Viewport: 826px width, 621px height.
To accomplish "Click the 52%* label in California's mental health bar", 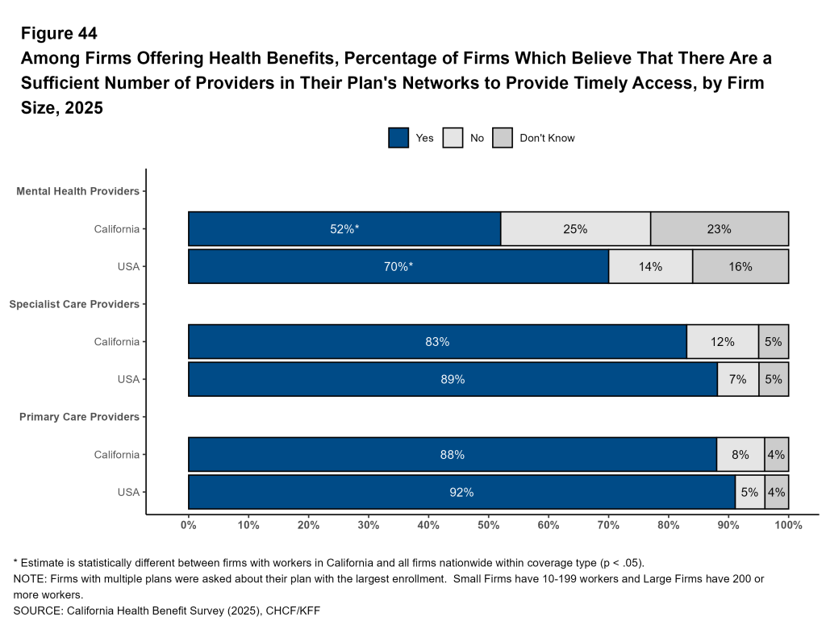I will click(344, 229).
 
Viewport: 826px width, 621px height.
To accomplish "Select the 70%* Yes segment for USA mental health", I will click(398, 267).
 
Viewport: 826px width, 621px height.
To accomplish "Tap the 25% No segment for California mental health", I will click(575, 229).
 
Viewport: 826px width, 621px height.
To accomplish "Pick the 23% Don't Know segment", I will click(719, 229).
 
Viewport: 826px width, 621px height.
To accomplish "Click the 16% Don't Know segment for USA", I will click(740, 267).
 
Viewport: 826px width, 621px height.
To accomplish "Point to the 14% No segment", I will click(650, 267).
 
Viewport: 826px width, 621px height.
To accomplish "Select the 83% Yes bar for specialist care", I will click(437, 342).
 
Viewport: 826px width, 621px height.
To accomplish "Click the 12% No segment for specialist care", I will click(722, 342).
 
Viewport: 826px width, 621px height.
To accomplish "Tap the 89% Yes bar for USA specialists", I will click(453, 379).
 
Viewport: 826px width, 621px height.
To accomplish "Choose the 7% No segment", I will click(737, 379).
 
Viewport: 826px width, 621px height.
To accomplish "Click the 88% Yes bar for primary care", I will click(453, 455).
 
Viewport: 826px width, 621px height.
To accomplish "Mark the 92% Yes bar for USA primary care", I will click(461, 492).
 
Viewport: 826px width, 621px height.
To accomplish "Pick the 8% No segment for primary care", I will click(740, 455).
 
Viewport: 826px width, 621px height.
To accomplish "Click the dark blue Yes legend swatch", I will click(398, 138).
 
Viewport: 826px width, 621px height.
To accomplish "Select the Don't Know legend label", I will click(547, 138).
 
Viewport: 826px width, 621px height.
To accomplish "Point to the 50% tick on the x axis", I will click(488, 525).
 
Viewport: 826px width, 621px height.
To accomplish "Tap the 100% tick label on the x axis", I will click(787, 525).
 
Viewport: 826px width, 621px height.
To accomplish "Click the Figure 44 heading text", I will click(59, 34).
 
